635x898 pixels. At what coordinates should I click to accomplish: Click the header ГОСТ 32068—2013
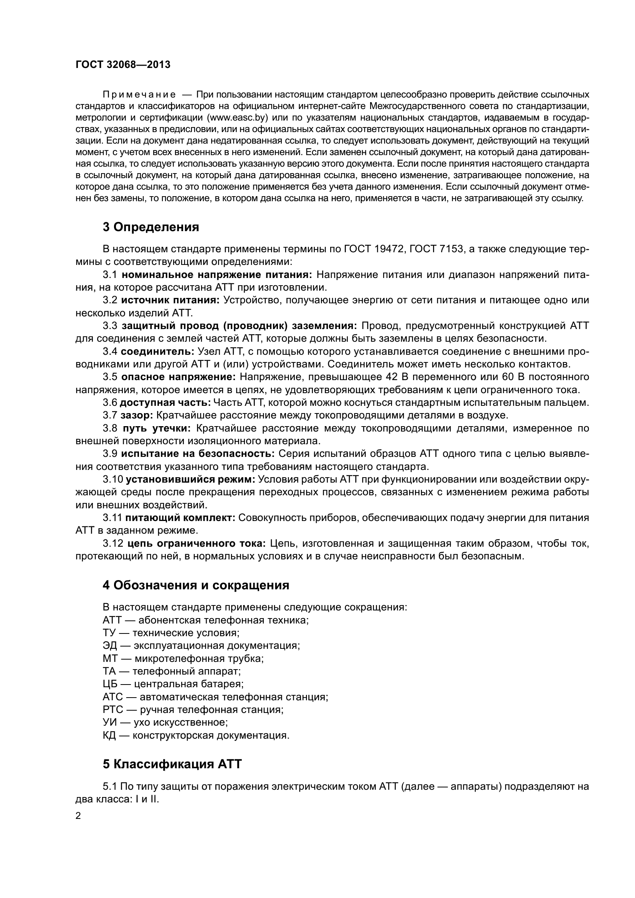[123, 64]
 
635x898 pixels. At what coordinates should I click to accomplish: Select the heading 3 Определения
[151, 227]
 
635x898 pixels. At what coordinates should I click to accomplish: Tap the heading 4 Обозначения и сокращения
[196, 585]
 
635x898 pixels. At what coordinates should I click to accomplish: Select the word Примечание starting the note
[139, 95]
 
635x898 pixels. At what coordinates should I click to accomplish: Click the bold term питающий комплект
[180, 518]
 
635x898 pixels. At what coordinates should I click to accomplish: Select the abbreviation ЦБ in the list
[110, 684]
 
